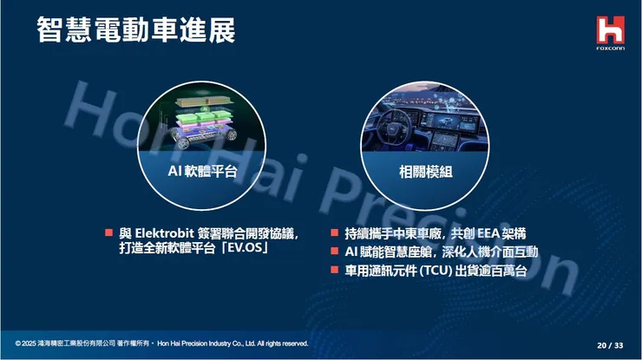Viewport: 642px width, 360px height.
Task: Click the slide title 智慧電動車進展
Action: coord(135,30)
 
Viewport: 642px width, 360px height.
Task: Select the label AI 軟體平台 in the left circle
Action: coord(202,171)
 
